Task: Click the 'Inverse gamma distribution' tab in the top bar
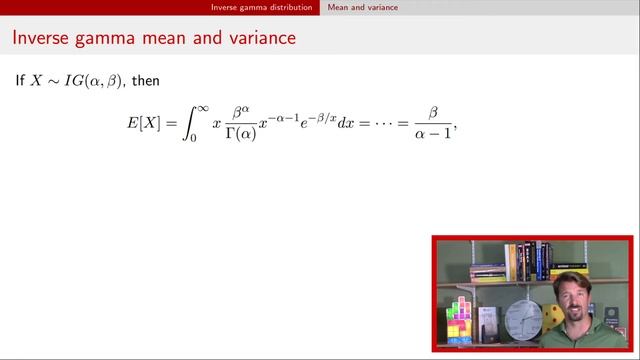[x=263, y=7]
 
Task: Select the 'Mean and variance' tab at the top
[x=363, y=7]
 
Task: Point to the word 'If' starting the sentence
[x=20, y=80]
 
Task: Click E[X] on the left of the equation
[x=140, y=125]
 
